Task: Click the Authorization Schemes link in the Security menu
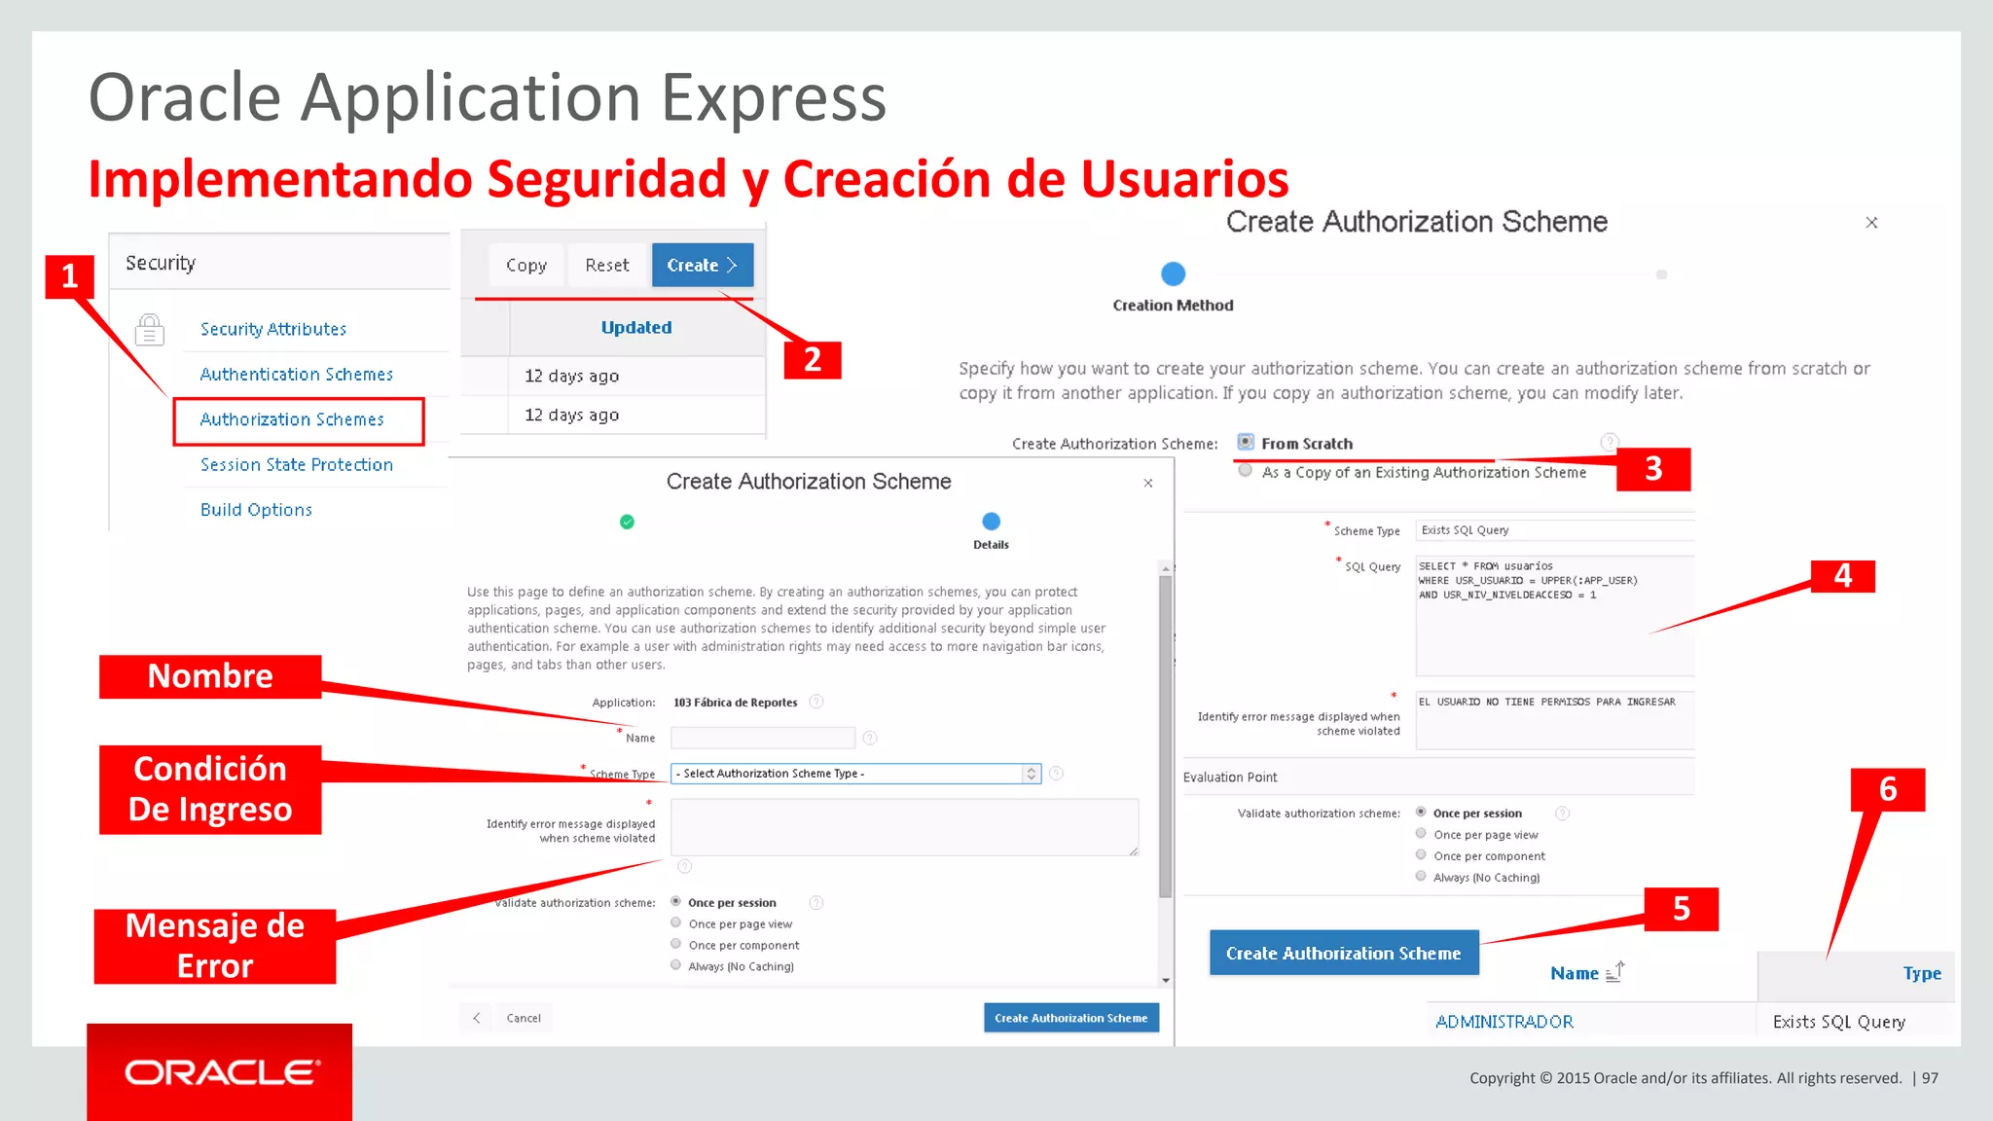292,419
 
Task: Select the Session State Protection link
297,465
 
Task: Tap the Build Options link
256,510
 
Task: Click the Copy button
526,265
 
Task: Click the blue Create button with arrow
702,265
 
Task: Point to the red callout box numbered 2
813,360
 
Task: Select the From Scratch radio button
1246,442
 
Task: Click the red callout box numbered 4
1842,576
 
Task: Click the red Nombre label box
210,676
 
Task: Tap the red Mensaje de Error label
215,946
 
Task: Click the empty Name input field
762,738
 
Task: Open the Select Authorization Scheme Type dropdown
855,774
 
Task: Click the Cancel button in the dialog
524,1018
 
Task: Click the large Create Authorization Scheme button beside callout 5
1343,954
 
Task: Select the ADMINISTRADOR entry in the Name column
1504,1022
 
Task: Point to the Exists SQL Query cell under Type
1838,1022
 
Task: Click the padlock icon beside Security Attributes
150,330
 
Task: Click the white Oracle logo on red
221,1072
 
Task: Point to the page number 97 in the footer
1930,1078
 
